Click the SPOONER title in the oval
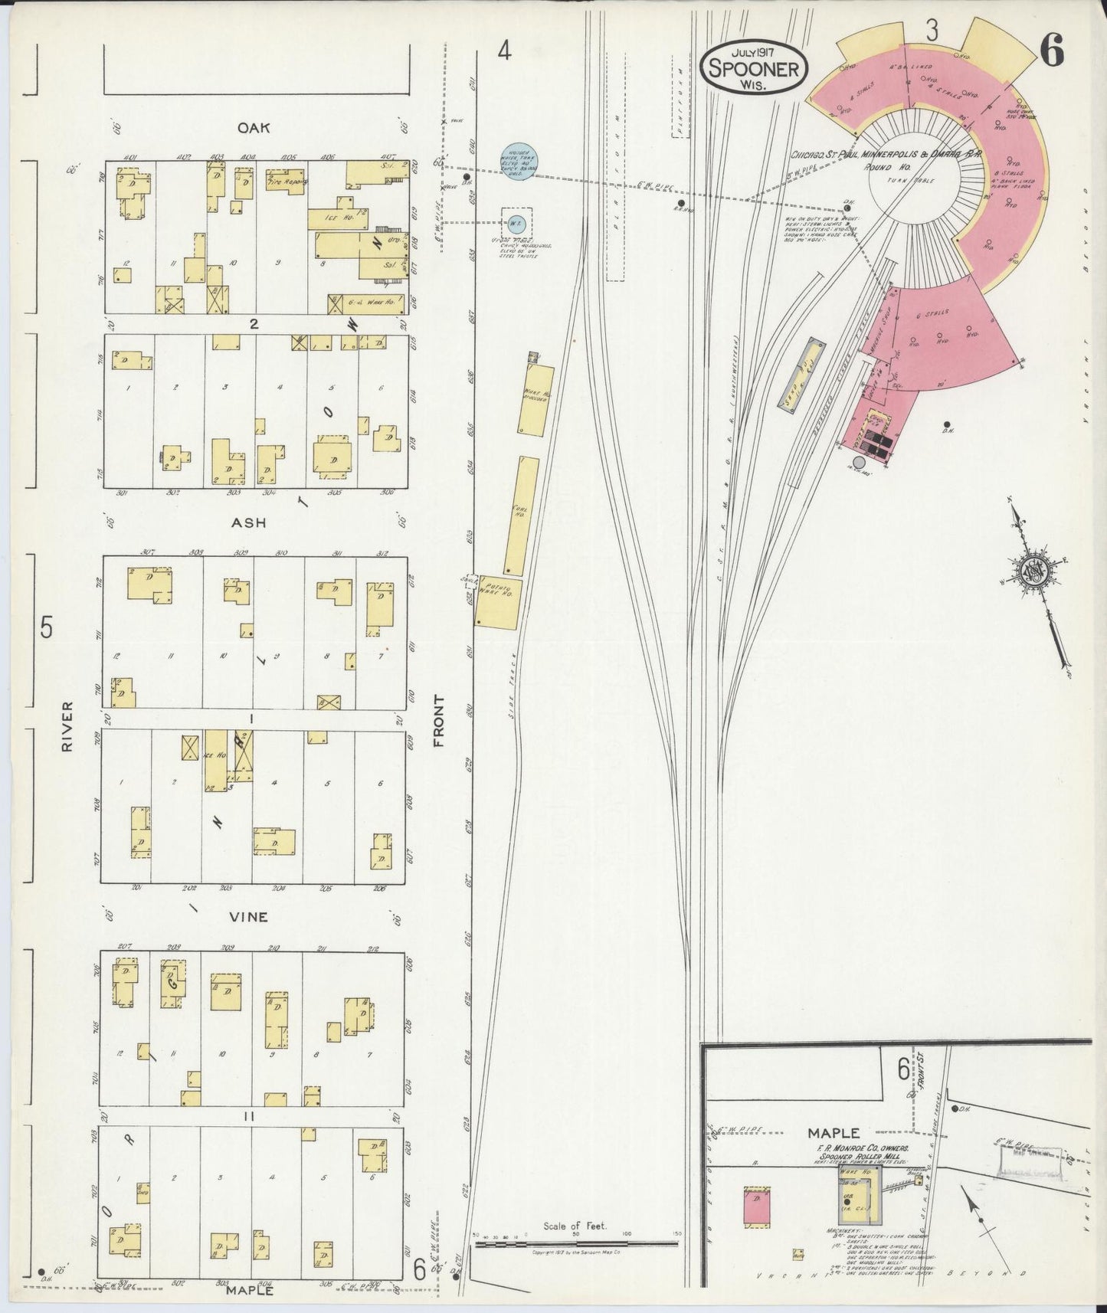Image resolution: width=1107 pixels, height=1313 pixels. [x=755, y=69]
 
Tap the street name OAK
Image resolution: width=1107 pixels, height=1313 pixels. [x=254, y=128]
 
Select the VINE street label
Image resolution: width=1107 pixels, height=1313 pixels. [x=249, y=917]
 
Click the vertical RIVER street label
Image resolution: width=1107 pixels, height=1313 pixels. [x=67, y=725]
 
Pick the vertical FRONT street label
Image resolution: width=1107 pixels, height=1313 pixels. [x=439, y=721]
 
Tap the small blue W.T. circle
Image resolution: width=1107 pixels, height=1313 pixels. [x=513, y=224]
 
